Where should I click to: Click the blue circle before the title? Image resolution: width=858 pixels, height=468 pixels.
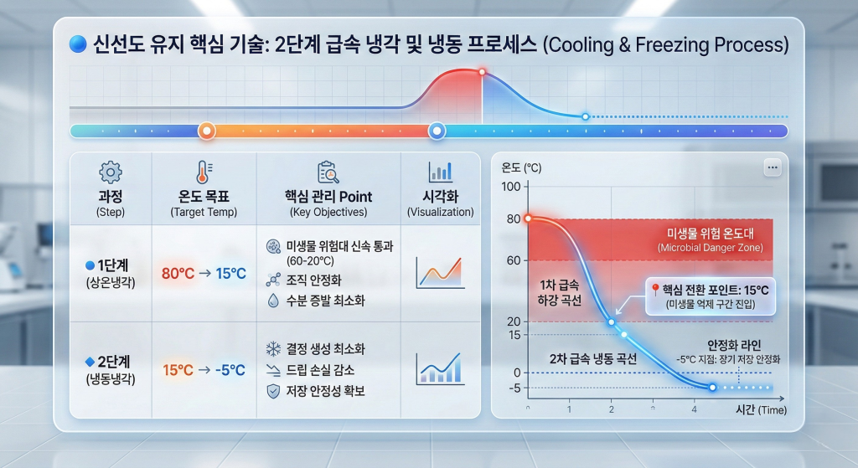78,44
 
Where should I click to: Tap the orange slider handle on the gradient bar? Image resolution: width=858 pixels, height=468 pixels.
206,131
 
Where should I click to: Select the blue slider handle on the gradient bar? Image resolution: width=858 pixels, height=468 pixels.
436,131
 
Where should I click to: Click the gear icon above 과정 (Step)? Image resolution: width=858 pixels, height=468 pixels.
111,172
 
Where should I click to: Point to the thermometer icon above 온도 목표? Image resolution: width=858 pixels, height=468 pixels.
204,172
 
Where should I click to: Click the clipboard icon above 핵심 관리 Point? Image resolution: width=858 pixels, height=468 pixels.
328,172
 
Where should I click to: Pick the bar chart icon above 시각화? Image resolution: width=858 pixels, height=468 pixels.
441,172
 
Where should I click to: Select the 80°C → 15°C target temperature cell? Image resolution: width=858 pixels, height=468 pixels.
204,274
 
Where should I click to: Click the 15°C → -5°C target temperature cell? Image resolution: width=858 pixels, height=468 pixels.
204,370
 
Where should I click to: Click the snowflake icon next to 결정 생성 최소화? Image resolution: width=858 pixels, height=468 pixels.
273,349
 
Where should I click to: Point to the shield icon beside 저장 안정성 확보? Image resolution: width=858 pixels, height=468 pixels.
273,391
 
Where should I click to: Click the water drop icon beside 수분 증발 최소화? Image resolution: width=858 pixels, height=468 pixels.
273,301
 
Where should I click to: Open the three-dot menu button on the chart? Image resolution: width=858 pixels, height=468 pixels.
773,167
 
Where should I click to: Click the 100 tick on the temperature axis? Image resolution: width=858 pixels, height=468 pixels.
511,187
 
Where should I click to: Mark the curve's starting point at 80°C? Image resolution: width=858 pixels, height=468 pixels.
528,219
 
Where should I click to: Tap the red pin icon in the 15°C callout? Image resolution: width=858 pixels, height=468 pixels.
655,289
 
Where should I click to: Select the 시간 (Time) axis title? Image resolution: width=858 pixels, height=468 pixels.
761,409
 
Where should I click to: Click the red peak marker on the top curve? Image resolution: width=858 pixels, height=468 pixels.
482,72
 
